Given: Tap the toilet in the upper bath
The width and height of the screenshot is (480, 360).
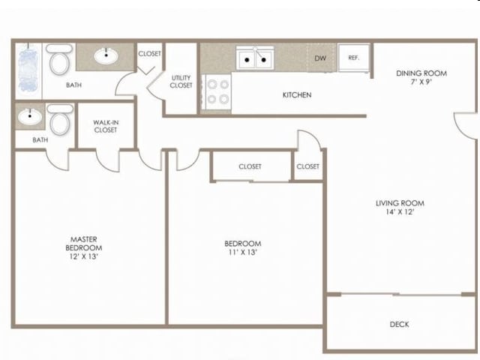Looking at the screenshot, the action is (x=59, y=59).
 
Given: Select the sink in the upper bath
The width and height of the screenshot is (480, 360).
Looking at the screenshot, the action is (x=106, y=56).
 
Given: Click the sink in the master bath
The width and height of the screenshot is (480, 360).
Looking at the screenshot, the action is (x=30, y=117).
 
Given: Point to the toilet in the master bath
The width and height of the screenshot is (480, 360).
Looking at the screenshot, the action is (x=60, y=120).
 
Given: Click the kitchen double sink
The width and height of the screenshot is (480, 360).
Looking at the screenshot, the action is (x=255, y=58).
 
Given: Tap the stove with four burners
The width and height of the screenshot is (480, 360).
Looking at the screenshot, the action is (x=217, y=91).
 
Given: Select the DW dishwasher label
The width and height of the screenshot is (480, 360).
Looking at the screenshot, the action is (x=320, y=58).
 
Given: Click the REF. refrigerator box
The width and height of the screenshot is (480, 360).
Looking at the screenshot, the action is (x=353, y=58).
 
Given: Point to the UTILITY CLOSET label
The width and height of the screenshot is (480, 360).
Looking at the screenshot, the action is (x=181, y=82).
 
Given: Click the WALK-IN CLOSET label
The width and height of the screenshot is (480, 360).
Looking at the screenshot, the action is (x=106, y=126).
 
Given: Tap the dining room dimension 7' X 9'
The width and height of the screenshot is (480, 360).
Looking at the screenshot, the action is (x=421, y=82).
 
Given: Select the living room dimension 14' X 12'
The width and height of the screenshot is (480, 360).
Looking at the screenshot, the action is (x=400, y=211).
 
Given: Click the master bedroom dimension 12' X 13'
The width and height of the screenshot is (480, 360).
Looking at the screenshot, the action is (x=83, y=256).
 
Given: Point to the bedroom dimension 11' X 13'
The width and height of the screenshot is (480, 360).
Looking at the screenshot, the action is (x=242, y=252).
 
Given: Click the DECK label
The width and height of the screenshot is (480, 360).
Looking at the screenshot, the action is (x=399, y=324).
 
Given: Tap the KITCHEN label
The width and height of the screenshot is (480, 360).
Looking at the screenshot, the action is (x=297, y=95).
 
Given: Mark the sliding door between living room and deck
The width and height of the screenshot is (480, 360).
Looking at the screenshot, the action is (x=401, y=295).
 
